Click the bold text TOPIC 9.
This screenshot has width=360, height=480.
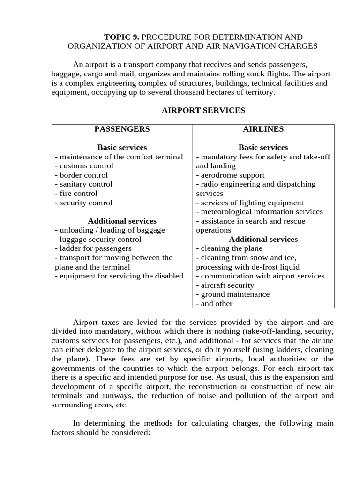(121, 37)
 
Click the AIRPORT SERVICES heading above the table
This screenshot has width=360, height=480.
(203, 111)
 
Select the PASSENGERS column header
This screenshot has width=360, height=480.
(122, 129)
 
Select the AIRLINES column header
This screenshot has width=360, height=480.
(263, 129)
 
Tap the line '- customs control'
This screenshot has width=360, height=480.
(84, 166)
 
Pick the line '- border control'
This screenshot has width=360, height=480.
(81, 175)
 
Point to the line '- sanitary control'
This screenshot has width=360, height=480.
(83, 184)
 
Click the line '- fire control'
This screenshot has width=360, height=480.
(76, 193)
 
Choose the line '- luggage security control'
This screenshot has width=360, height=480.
(98, 239)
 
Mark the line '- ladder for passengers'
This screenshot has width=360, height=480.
(93, 248)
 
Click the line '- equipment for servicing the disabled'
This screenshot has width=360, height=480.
(119, 276)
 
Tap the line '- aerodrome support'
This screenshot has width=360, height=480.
(230, 175)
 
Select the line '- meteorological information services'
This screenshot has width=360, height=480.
(259, 212)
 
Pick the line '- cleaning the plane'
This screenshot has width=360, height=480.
(229, 248)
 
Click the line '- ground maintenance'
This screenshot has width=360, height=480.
(232, 294)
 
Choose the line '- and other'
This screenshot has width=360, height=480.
(214, 303)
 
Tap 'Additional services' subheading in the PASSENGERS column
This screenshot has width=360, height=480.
(122, 221)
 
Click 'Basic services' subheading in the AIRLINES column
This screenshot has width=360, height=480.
(263, 147)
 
